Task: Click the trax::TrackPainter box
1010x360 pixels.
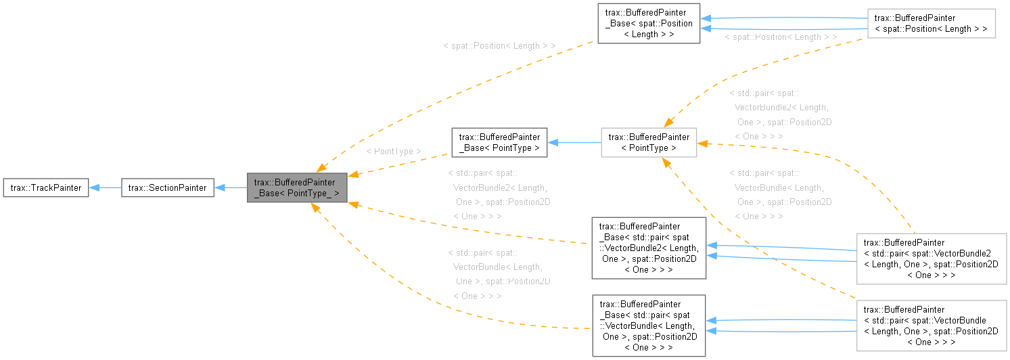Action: click(46, 188)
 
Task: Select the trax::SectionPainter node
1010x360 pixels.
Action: click(168, 188)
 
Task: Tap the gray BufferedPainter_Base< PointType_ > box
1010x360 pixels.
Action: click(297, 187)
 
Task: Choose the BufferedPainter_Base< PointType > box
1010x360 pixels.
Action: click(499, 142)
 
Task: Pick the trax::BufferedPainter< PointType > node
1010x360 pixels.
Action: click(648, 142)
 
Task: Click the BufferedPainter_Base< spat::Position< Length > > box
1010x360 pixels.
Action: click(647, 24)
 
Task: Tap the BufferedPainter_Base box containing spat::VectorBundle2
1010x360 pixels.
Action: click(648, 248)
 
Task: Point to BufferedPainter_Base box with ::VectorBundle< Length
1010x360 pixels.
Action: click(648, 325)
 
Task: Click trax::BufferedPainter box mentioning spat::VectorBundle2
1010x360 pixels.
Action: click(931, 258)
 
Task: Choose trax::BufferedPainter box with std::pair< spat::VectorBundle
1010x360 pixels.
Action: click(931, 325)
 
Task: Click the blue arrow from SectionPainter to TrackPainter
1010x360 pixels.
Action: click(105, 188)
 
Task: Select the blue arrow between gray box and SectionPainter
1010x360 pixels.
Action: click(231, 188)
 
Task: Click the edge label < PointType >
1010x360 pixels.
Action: click(393, 152)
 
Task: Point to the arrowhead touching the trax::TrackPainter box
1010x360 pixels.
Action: click(94, 188)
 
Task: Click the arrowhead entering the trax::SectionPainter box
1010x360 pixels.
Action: click(219, 188)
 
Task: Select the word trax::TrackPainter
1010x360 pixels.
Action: click(46, 188)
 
